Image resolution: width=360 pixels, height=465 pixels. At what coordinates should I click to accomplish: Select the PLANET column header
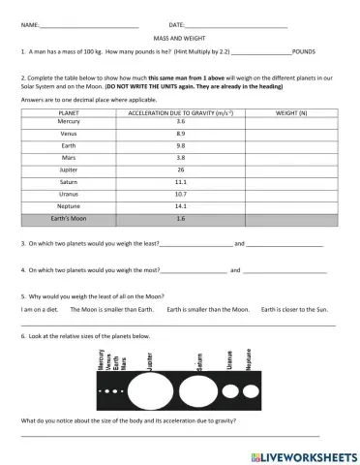[69, 113]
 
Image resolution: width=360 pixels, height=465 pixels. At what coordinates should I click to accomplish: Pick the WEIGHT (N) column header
[291, 113]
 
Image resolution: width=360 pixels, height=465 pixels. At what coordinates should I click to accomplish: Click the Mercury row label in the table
[69, 122]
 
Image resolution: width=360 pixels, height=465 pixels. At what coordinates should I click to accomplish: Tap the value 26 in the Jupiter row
[180, 170]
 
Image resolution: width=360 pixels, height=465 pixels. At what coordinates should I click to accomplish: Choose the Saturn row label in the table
[69, 181]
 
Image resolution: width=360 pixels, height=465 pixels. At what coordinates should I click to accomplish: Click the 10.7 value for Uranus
[180, 194]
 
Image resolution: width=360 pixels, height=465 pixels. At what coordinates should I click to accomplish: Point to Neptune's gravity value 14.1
[180, 205]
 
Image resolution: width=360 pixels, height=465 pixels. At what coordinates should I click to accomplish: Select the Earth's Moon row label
[69, 218]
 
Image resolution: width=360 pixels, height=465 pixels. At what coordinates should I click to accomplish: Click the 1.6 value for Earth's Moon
[180, 218]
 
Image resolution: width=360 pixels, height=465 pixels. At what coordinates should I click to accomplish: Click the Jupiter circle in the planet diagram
[149, 391]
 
